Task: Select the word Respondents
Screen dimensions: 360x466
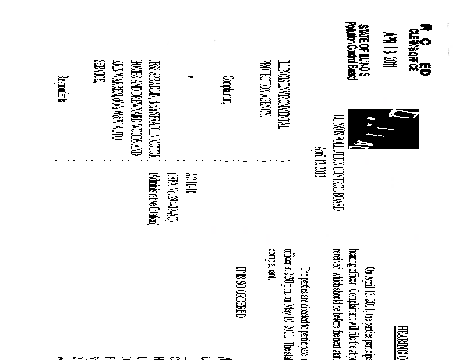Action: click(65, 85)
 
